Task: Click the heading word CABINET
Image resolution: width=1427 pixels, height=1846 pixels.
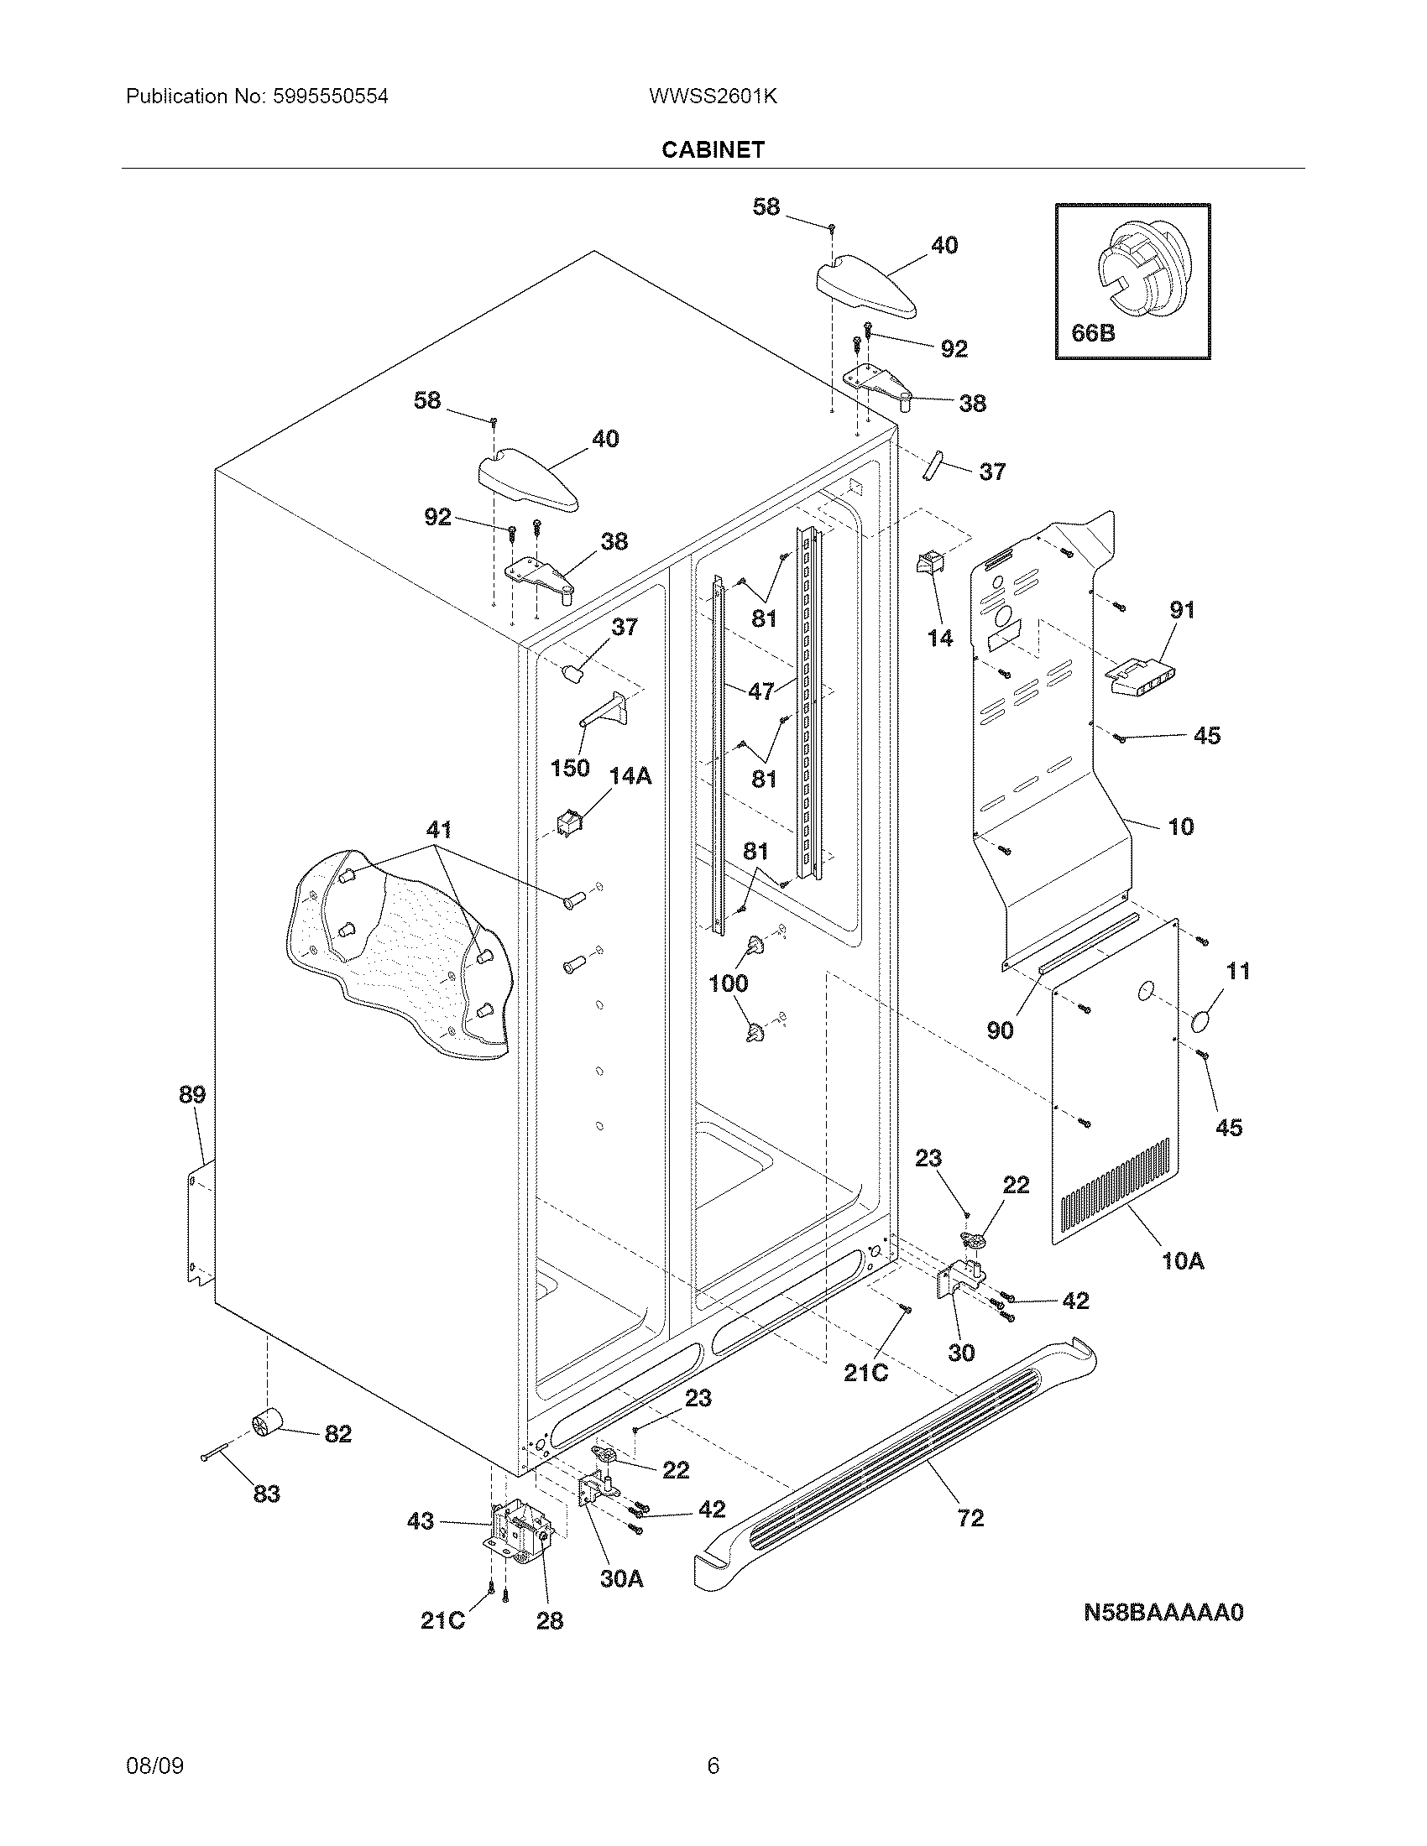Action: pos(713,149)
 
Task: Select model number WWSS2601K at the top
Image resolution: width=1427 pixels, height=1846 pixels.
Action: pos(713,96)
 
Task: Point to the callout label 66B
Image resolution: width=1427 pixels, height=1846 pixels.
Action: pos(1093,333)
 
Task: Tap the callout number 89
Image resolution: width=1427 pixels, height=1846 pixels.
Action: pos(192,1094)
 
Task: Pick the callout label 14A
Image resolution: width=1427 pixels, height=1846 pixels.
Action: pos(630,775)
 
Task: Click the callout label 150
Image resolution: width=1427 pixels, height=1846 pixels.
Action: pos(570,769)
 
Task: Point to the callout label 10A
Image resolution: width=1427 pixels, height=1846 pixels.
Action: pos(1183,1261)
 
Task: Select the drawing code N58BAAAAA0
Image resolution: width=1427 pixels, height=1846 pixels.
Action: pos(1163,1613)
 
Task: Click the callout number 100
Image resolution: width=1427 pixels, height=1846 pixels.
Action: pos(728,983)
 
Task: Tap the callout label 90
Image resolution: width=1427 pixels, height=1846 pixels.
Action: pos(999,1030)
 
